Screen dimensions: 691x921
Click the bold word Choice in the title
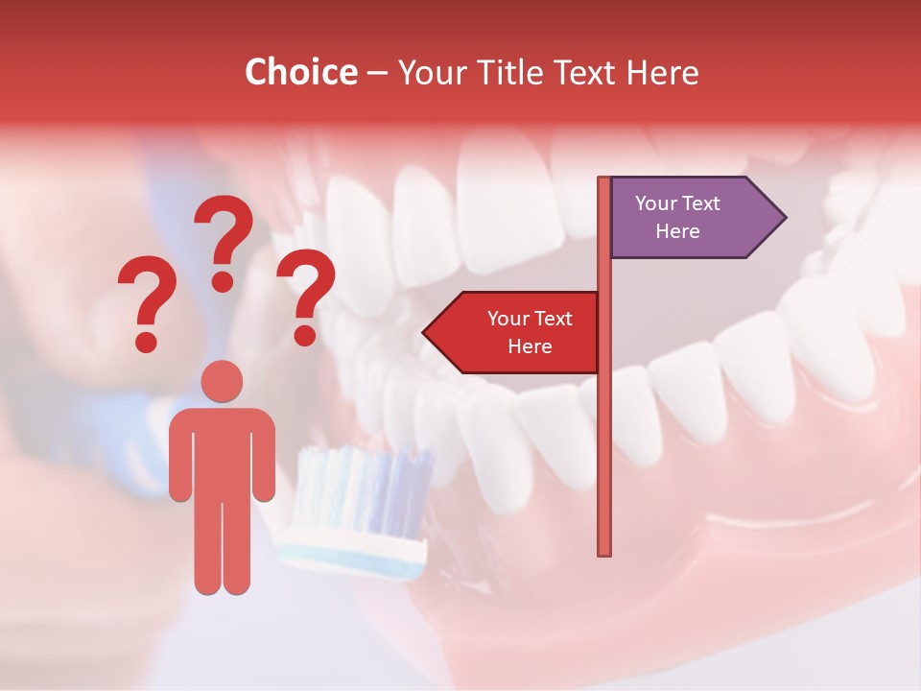(x=300, y=73)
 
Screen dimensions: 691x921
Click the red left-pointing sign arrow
(x=513, y=333)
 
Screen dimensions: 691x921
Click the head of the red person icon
(x=223, y=381)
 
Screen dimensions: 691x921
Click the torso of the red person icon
(x=223, y=451)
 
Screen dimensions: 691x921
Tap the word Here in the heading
(x=662, y=73)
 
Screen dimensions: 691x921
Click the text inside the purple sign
(x=677, y=217)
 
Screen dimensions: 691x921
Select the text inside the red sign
(x=530, y=332)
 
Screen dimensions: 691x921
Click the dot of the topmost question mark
(x=223, y=280)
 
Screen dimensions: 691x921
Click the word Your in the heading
(x=429, y=73)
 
